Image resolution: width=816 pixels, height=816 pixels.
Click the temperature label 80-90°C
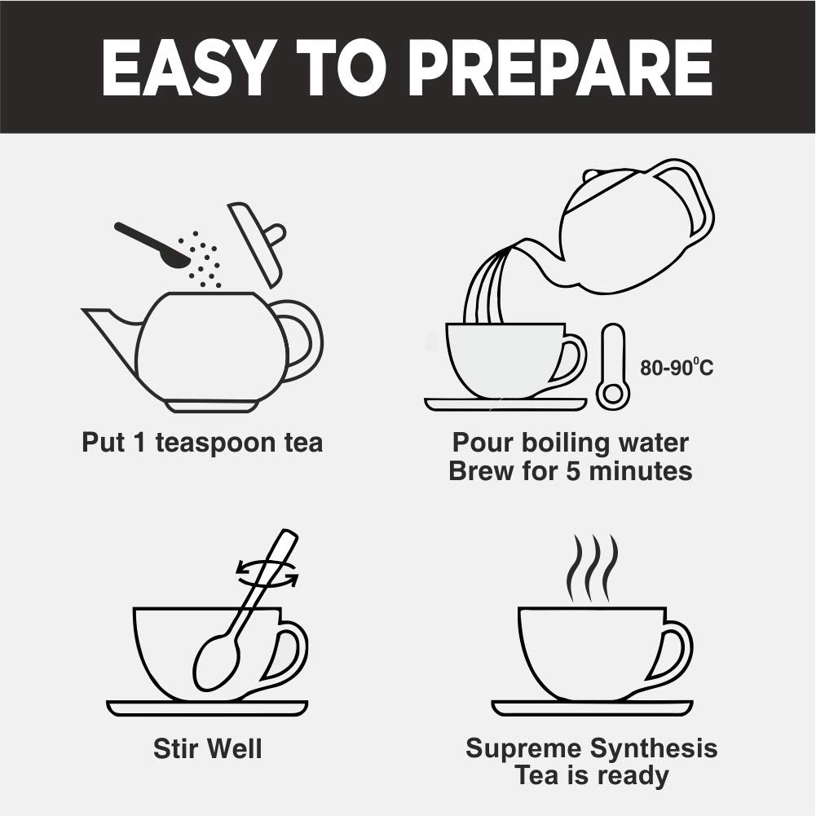pos(677,368)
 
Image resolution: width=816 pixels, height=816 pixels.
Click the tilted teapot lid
pos(258,244)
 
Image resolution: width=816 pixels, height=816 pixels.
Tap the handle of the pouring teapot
pos(690,198)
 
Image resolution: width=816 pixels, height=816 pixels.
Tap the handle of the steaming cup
pos(676,651)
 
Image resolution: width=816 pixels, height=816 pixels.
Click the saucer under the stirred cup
pos(207,708)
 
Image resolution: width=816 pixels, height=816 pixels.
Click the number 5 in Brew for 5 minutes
pos(573,471)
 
